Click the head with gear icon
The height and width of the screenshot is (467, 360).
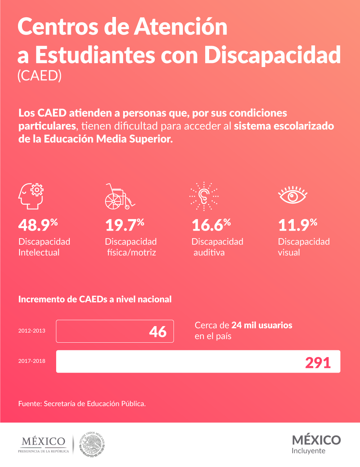[x=31, y=196]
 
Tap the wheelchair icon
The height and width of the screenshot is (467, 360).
[x=119, y=196]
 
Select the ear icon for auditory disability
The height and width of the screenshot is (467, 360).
[x=204, y=196]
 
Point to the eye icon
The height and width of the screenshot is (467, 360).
[x=292, y=195]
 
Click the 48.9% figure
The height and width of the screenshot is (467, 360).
[x=38, y=225]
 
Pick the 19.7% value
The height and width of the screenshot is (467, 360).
[x=124, y=225]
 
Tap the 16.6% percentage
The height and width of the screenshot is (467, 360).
[x=211, y=225]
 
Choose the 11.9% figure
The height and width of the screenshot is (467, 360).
[x=297, y=225]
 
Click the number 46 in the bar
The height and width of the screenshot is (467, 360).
[x=158, y=332]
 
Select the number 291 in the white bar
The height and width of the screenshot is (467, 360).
[x=318, y=363]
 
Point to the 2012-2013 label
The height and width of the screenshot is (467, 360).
[x=32, y=331]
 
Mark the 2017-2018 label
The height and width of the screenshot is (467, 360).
[x=32, y=361]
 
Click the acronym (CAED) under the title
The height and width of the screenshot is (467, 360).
[x=40, y=76]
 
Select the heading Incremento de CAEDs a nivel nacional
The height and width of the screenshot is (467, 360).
[x=95, y=299]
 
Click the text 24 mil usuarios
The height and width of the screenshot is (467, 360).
[x=262, y=325]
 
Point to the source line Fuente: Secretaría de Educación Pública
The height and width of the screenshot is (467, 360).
[x=82, y=404]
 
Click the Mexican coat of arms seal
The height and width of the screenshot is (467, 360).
[x=92, y=444]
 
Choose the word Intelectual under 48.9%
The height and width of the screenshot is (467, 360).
[x=39, y=253]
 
